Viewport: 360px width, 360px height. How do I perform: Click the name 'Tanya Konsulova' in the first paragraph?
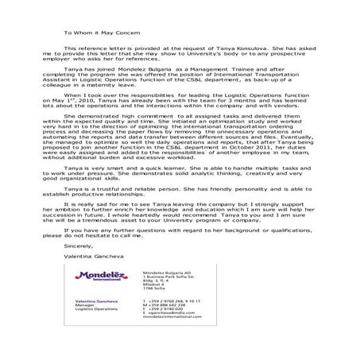[221, 48]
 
